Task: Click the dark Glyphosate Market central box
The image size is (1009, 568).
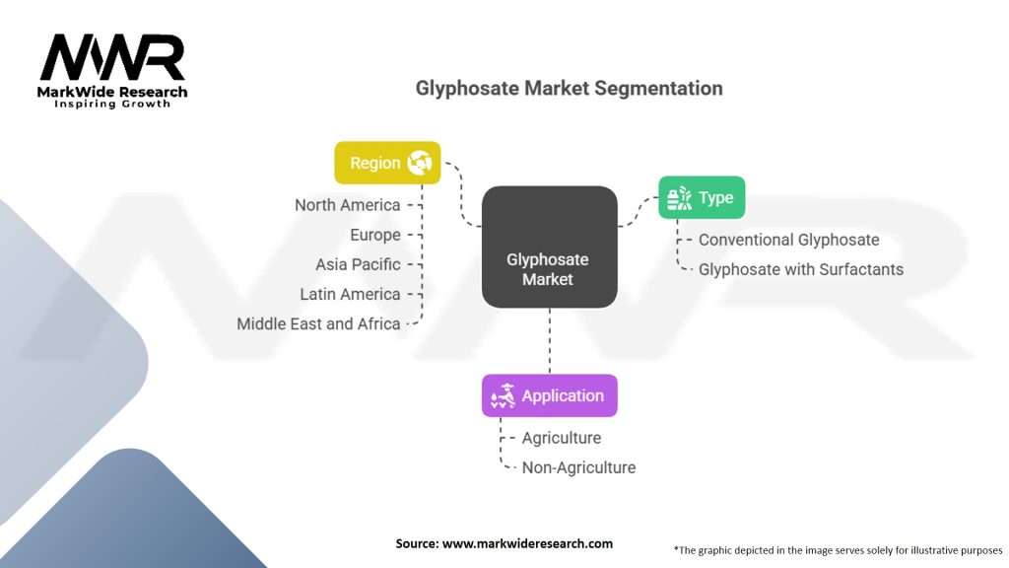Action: pos(549,247)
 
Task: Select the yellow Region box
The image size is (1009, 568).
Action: pos(387,163)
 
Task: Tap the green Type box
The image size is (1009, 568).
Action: pos(701,197)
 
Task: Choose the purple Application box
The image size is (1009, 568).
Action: pos(549,395)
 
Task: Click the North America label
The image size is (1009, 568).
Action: pos(348,205)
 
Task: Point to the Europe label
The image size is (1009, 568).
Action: pos(375,235)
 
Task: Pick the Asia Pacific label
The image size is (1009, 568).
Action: pos(358,264)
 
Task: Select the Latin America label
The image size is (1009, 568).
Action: pos(350,294)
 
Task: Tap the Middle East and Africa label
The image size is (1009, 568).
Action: pos(318,323)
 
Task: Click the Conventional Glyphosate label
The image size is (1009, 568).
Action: pos(788,240)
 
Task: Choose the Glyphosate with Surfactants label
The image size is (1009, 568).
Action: pos(800,269)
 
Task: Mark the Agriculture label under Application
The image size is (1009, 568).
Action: pos(561,438)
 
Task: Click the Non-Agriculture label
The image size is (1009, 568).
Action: pos(578,467)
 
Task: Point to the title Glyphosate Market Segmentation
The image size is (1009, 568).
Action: pos(569,88)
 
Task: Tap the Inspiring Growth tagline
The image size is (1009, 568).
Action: pos(112,104)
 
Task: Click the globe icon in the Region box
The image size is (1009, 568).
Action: pos(419,163)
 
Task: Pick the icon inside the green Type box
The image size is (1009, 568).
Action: pos(680,197)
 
